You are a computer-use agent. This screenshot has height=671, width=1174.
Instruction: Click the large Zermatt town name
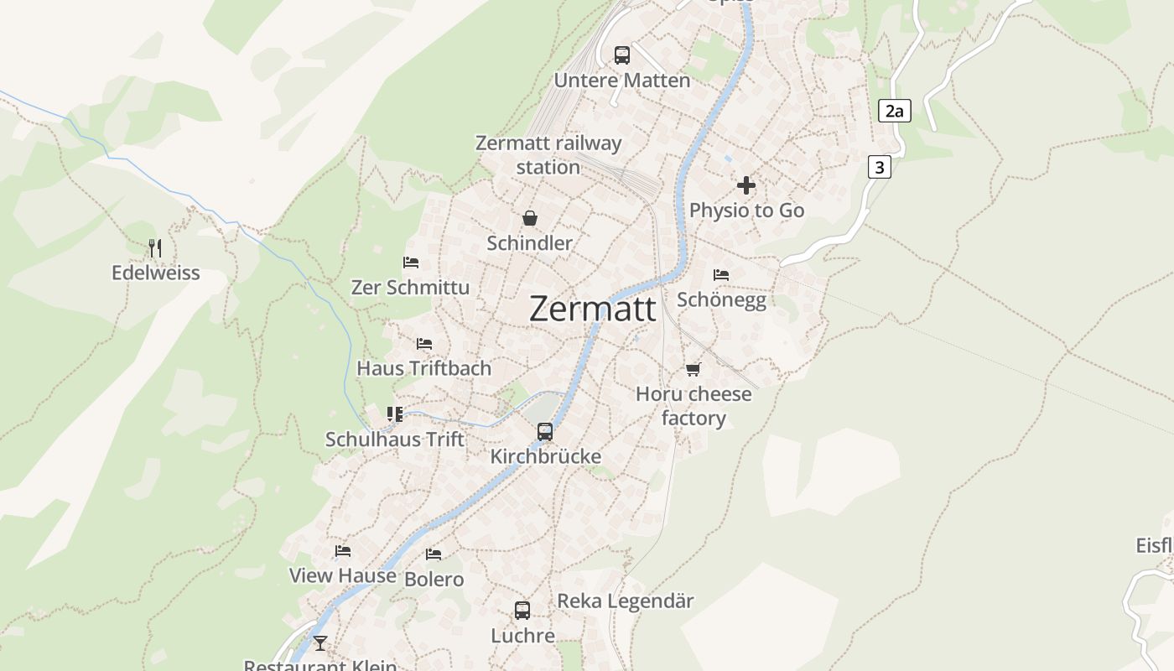[593, 309]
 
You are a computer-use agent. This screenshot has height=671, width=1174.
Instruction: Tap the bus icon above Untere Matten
[621, 55]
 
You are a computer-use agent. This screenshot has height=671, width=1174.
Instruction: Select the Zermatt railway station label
[548, 154]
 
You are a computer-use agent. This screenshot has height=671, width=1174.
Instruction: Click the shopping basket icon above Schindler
[530, 219]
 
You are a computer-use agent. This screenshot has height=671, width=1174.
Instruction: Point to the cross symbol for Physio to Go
[746, 185]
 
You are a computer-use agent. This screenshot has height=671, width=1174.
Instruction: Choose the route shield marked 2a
[894, 111]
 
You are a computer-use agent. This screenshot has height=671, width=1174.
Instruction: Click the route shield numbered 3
[879, 168]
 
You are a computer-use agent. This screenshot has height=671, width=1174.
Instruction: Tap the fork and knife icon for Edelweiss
[155, 247]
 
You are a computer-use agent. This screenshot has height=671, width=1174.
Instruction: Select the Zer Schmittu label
[410, 287]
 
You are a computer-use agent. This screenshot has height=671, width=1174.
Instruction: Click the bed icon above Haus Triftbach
[424, 344]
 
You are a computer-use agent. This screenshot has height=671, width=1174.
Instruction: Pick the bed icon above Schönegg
[721, 275]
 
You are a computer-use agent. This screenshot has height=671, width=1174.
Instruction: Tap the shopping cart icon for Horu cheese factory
[693, 369]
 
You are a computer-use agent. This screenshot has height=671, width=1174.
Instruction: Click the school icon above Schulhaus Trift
[395, 414]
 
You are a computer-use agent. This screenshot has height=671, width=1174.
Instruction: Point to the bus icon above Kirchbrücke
[545, 432]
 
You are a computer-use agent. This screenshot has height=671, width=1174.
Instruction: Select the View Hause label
[343, 575]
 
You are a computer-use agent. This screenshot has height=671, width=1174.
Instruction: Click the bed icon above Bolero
[434, 554]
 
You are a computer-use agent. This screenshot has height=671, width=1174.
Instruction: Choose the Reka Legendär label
[626, 601]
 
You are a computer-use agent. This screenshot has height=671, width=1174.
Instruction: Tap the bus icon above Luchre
[522, 611]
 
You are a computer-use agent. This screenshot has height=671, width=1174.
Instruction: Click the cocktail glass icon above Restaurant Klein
[320, 643]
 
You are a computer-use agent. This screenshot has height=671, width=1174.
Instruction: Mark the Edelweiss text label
[156, 273]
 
